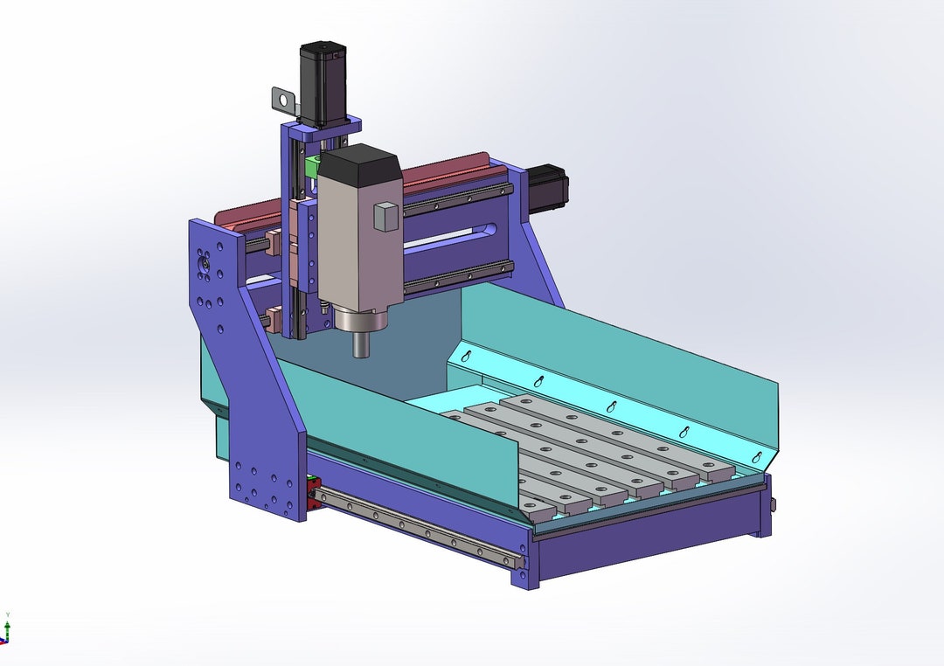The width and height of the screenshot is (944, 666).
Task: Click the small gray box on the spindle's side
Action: click(385, 217)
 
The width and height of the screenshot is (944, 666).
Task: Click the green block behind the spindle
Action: click(311, 166)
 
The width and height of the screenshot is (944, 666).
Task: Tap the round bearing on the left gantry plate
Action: click(204, 262)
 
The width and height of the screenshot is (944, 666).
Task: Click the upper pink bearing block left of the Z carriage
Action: click(272, 243)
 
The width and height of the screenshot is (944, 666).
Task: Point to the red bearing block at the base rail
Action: click(312, 492)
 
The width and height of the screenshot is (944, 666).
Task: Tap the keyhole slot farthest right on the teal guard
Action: click(757, 458)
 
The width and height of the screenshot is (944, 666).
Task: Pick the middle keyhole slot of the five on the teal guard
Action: click(613, 407)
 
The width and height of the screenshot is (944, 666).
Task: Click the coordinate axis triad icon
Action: click(6, 630)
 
